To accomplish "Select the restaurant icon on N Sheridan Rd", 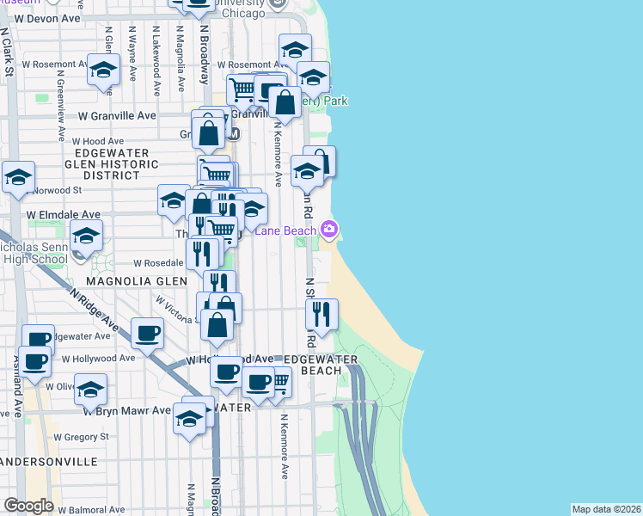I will click(x=321, y=315).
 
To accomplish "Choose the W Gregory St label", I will click(x=78, y=437).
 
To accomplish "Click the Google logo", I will click(x=28, y=505).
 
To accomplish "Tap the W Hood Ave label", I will click(x=98, y=141).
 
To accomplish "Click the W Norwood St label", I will click(x=53, y=190).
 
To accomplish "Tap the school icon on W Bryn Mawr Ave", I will click(x=190, y=419).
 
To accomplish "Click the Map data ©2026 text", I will click(x=606, y=509).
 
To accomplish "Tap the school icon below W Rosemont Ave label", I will click(x=103, y=71).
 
